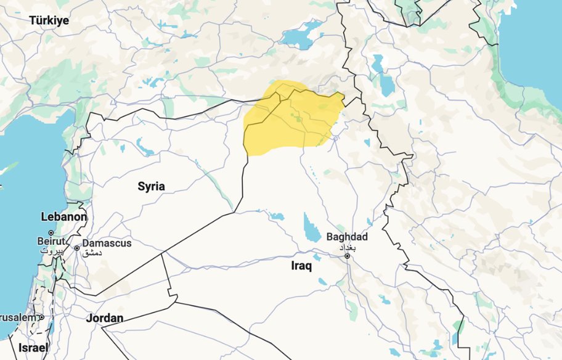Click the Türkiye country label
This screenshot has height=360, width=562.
coord(49,20)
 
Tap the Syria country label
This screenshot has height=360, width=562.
coord(151,186)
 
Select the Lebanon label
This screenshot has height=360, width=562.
coord(63,217)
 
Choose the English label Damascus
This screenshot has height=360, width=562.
coord(107,243)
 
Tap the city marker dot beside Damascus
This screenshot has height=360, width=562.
coord(76,248)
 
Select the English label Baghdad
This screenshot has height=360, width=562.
coord(347,237)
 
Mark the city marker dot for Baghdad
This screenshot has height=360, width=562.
coord(348,255)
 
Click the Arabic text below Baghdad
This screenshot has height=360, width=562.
coord(347,246)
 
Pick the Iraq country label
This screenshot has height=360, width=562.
coord(301,266)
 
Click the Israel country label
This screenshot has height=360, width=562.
coord(33,348)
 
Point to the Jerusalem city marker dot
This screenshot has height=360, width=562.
coord(41,317)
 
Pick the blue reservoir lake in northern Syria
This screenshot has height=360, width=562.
coord(146,147)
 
